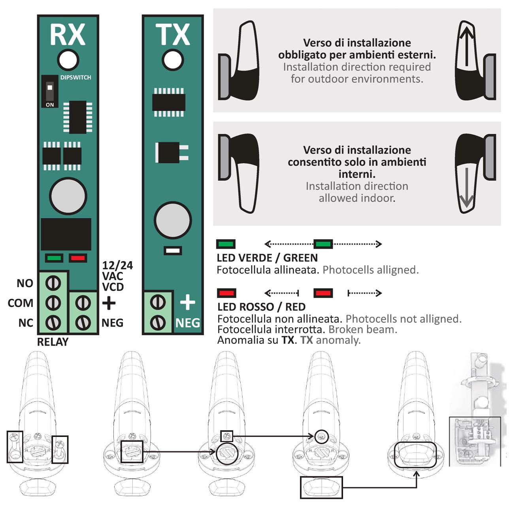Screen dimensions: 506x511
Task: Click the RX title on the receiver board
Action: pyautogui.click(x=67, y=35)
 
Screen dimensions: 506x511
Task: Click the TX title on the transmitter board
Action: pyautogui.click(x=172, y=35)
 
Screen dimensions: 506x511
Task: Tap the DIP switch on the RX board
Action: pyautogui.click(x=50, y=91)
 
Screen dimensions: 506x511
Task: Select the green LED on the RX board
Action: pyautogui.click(x=54, y=258)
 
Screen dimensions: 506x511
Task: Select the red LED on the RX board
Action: pyautogui.click(x=78, y=258)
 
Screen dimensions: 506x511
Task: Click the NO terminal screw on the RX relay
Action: pyautogui.click(x=53, y=283)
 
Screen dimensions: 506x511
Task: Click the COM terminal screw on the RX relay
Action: pyautogui.click(x=53, y=303)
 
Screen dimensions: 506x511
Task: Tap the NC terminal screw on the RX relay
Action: pyautogui.click(x=53, y=322)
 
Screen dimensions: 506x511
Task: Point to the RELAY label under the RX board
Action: pyautogui.click(x=53, y=342)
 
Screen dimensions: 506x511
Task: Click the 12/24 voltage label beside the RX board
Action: pyautogui.click(x=117, y=265)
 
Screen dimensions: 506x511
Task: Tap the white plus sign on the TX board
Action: pyautogui.click(x=187, y=303)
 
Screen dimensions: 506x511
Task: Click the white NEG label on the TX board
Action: pyautogui.click(x=187, y=323)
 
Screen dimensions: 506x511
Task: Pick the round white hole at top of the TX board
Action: pyautogui.click(x=173, y=60)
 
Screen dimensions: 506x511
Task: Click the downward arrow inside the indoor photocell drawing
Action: pyautogui.click(x=466, y=187)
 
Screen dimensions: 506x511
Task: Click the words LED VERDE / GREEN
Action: pyautogui.click(x=267, y=258)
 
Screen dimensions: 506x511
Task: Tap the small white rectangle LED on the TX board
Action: pyautogui.click(x=173, y=251)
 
